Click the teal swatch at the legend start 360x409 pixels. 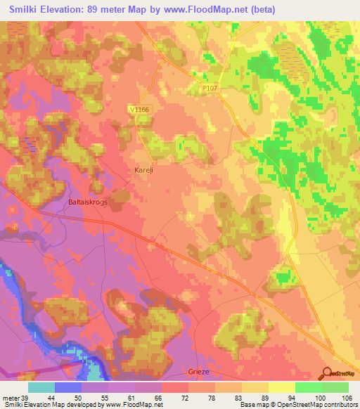click(x=41, y=387)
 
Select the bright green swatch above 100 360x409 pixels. click(x=309, y=387)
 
